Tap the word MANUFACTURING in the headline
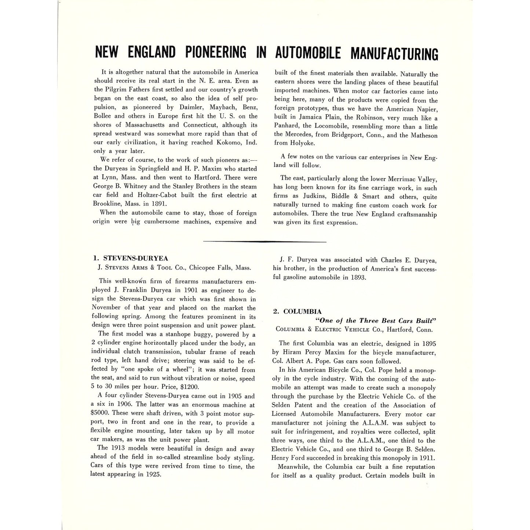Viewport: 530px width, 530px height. tap(394, 53)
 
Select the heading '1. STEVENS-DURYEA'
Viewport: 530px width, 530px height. tap(129, 258)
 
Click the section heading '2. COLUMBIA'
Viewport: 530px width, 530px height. tap(297, 311)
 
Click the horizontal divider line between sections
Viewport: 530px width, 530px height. tap(264, 241)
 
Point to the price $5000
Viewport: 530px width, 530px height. tap(100, 413)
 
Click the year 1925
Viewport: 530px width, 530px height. tap(151, 474)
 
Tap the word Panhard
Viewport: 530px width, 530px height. tap(287, 127)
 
